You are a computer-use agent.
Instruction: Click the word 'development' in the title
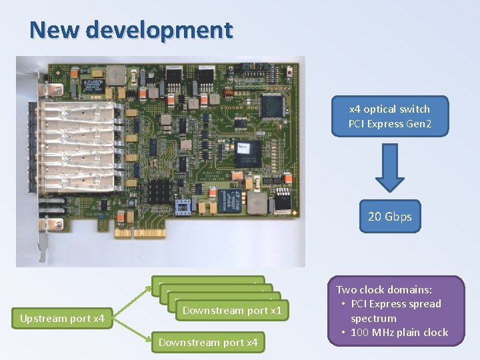point(159,30)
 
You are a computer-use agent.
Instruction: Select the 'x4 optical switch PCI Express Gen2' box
point(389,116)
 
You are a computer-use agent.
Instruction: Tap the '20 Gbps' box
point(390,216)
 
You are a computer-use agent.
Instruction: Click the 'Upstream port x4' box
point(62,319)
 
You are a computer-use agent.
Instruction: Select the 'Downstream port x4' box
point(208,343)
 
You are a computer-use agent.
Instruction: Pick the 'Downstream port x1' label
point(231,310)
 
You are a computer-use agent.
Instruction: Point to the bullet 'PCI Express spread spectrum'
point(395,311)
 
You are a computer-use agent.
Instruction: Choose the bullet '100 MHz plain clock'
point(399,332)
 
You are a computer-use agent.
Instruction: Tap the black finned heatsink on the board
point(160,191)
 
